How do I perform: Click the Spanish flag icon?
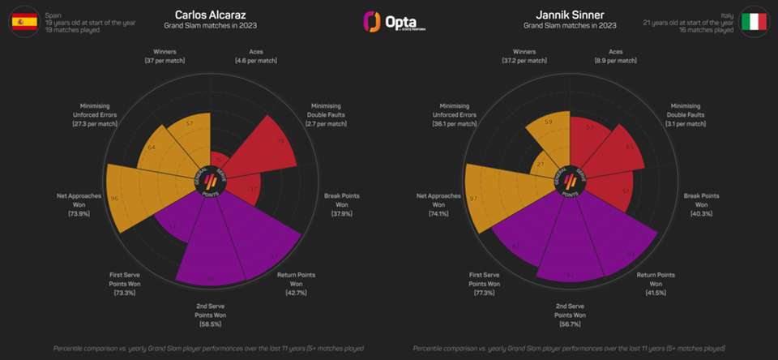23,21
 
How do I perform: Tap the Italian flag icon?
754,21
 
